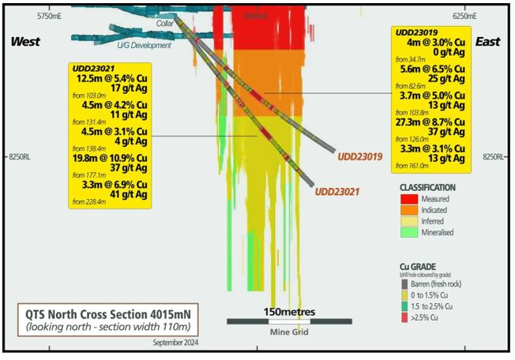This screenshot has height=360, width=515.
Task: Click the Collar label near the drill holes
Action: click(164, 24)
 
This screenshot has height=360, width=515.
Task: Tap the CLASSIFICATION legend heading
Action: click(427, 187)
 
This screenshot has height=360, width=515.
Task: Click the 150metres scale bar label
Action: click(289, 311)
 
